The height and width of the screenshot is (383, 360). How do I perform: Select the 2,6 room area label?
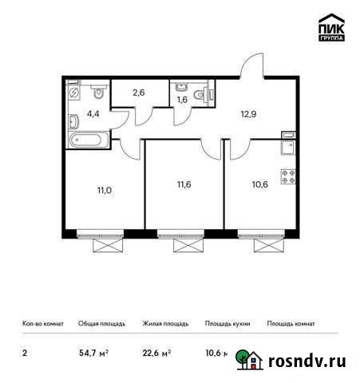(137, 93)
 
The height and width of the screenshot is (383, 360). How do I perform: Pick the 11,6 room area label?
(184, 185)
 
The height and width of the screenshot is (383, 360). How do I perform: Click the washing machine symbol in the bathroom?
(73, 92)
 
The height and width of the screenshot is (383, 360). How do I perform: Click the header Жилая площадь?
(165, 324)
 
